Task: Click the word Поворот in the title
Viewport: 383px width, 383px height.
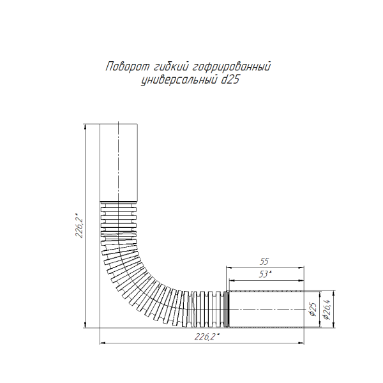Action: tap(127, 66)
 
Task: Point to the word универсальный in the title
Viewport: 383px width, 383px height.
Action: tap(179, 80)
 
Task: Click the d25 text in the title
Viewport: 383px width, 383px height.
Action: tap(230, 79)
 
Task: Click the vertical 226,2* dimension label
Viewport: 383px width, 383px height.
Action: tap(79, 225)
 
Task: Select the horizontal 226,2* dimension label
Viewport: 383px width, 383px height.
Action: tap(207, 337)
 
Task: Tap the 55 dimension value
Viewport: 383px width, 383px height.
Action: tap(264, 262)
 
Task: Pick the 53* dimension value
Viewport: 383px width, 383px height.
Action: tap(265, 274)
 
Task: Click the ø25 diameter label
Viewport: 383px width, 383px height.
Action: tap(313, 309)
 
